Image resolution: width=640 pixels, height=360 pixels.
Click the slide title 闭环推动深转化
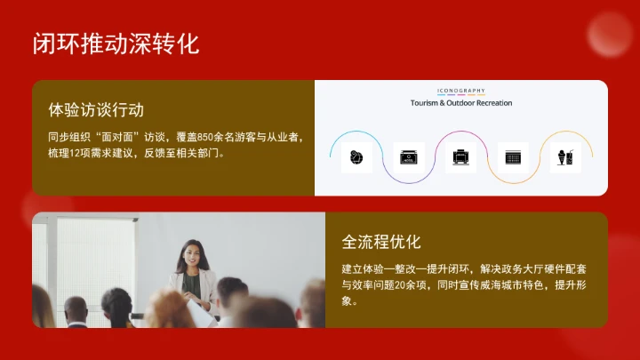[x=116, y=43]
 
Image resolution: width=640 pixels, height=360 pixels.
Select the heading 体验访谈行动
[x=96, y=110]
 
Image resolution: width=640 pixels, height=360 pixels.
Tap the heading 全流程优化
[x=381, y=242]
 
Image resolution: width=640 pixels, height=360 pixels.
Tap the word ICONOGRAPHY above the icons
[x=460, y=91]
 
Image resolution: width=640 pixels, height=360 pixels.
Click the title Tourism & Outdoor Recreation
[x=460, y=103]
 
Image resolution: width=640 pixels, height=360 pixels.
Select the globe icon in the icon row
[x=356, y=157]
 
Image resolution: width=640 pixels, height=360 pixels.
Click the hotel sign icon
[x=408, y=157]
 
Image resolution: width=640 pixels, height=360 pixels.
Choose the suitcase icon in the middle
[x=460, y=157]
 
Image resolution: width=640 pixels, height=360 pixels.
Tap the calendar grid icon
[x=512, y=157]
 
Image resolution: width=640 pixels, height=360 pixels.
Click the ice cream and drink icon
[x=564, y=157]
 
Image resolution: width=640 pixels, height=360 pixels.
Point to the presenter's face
[x=192, y=254]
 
